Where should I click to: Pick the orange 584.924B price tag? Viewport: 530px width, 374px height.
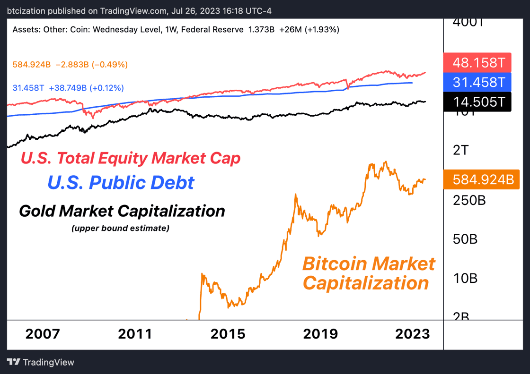coord(481,179)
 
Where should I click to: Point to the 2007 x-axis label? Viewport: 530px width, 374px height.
coord(43,334)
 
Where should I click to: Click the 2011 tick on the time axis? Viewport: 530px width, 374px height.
coord(135,334)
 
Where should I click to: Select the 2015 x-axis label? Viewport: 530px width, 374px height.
coord(228,334)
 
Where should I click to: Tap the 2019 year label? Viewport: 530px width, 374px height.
coord(321,334)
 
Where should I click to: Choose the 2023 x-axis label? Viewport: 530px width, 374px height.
coord(413,334)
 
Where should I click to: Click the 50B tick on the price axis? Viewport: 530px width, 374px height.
coord(465,239)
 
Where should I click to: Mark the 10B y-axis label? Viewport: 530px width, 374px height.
coord(465,278)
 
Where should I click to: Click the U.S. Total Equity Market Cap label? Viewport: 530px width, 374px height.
coord(130,158)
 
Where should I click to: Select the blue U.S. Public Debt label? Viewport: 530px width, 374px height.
coord(121,183)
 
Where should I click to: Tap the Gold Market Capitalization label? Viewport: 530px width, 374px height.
coord(122,211)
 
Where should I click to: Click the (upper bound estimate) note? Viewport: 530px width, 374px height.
coord(121,229)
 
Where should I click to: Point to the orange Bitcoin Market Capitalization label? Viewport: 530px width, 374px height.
coord(368,273)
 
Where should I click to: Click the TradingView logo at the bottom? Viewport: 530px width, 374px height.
coord(41,362)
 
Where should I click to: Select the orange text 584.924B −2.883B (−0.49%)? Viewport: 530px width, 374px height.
coord(70,64)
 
